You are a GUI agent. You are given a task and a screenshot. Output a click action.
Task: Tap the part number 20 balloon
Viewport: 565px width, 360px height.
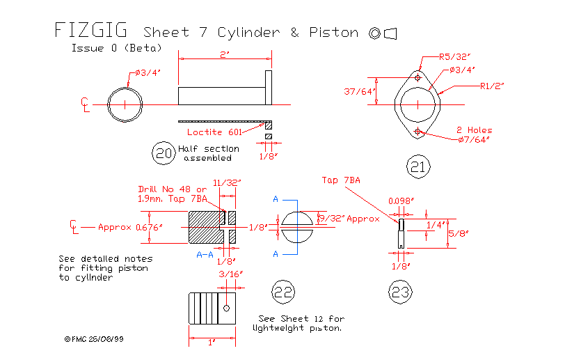pos(164,153)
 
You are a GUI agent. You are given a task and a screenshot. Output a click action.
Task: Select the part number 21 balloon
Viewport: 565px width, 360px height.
pos(417,166)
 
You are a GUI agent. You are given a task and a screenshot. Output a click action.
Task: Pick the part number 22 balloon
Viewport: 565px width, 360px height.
pos(282,292)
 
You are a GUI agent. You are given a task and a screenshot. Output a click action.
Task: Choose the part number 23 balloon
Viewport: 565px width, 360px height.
pos(401,292)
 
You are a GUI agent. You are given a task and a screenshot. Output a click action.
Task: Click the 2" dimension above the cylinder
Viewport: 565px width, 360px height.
pos(224,54)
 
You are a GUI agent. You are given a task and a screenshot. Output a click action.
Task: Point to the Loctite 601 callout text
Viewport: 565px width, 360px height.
pos(214,132)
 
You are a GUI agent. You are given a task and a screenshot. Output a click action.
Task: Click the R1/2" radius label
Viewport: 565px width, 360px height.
pos(491,86)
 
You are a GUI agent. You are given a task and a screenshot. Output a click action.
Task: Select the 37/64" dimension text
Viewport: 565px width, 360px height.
pos(360,91)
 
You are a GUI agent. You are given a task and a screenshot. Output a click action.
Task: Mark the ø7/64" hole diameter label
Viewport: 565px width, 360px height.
pos(473,140)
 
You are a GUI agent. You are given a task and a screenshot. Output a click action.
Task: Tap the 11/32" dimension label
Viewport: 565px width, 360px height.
pos(227,182)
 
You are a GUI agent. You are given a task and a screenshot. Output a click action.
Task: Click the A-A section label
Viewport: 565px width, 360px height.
pos(205,255)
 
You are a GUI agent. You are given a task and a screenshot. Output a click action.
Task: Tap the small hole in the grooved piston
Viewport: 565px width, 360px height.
pos(227,306)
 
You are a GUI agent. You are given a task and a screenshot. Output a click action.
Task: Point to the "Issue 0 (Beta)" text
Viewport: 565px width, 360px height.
pos(116,48)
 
